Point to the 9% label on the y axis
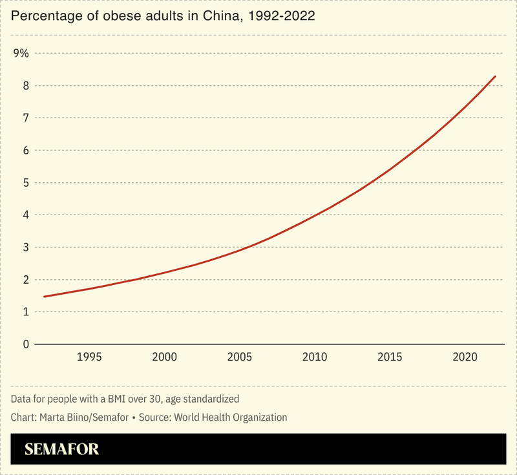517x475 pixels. pyautogui.click(x=21, y=54)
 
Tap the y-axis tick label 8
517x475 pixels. pyautogui.click(x=26, y=86)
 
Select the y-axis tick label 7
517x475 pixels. pyautogui.click(x=26, y=118)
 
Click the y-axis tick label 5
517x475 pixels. pyautogui.click(x=26, y=183)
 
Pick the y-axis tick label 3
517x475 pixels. pyautogui.click(x=26, y=248)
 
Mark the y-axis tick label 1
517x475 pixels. pyautogui.click(x=26, y=312)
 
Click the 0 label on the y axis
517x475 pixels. pyautogui.click(x=26, y=344)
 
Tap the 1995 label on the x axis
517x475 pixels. pyautogui.click(x=89, y=357)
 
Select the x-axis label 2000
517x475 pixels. pyautogui.click(x=164, y=357)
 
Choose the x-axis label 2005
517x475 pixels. pyautogui.click(x=240, y=357)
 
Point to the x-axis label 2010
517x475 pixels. pyautogui.click(x=315, y=357)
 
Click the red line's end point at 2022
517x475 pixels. pyautogui.click(x=495, y=76)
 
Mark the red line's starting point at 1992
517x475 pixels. pyautogui.click(x=44, y=297)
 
